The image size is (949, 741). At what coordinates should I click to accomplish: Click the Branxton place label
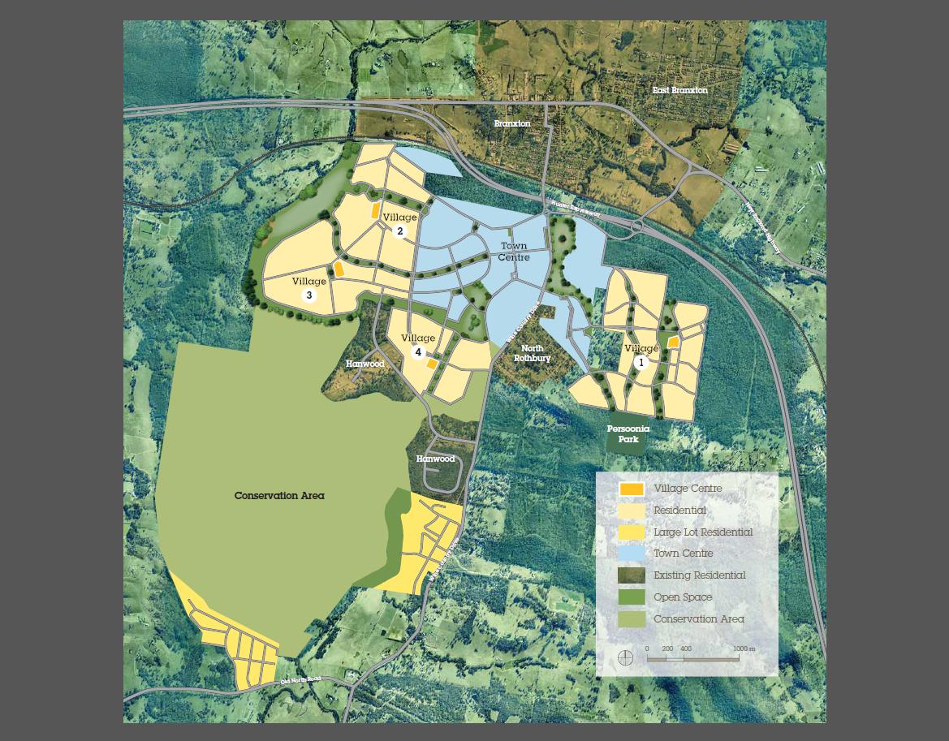[512, 123]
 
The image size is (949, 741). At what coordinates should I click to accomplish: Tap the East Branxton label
[679, 90]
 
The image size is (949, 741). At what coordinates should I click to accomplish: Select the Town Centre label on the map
[513, 252]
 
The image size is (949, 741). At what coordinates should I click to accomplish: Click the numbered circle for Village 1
[641, 363]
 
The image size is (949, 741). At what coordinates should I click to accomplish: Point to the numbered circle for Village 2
[399, 231]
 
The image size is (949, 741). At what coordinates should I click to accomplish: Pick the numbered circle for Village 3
[309, 295]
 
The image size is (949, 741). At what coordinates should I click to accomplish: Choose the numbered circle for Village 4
[419, 352]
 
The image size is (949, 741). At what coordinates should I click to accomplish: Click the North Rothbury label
[533, 353]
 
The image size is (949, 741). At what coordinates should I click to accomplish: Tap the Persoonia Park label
[628, 433]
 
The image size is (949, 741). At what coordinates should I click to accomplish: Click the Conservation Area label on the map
[279, 495]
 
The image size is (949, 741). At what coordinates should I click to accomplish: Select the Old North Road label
[300, 680]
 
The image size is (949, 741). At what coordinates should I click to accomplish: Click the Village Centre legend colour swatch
[632, 489]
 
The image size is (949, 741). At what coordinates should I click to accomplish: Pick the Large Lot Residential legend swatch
[632, 532]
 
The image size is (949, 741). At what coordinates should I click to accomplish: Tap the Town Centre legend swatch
[632, 554]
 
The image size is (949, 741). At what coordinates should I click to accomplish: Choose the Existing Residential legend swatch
[632, 575]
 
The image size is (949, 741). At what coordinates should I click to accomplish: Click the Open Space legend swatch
[632, 597]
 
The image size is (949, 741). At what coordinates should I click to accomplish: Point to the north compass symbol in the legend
[625, 657]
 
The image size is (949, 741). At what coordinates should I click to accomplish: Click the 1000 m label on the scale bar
[744, 648]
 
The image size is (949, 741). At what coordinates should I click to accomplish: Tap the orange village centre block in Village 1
[673, 342]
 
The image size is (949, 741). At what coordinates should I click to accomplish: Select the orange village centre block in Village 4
[433, 364]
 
